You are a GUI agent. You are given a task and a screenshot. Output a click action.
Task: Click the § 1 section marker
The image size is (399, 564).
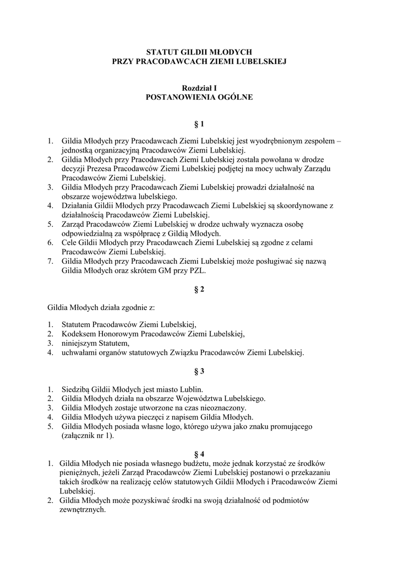tap(199, 124)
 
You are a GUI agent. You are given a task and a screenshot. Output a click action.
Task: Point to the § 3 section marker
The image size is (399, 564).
tap(199, 371)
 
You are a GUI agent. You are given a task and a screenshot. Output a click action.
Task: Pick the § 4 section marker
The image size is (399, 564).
tap(199, 454)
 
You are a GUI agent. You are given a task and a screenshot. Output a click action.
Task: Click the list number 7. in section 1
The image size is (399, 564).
tap(50, 261)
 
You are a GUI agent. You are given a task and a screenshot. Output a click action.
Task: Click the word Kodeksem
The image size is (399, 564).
tap(80, 334)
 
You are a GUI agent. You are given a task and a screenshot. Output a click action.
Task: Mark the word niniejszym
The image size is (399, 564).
tap(80, 343)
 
